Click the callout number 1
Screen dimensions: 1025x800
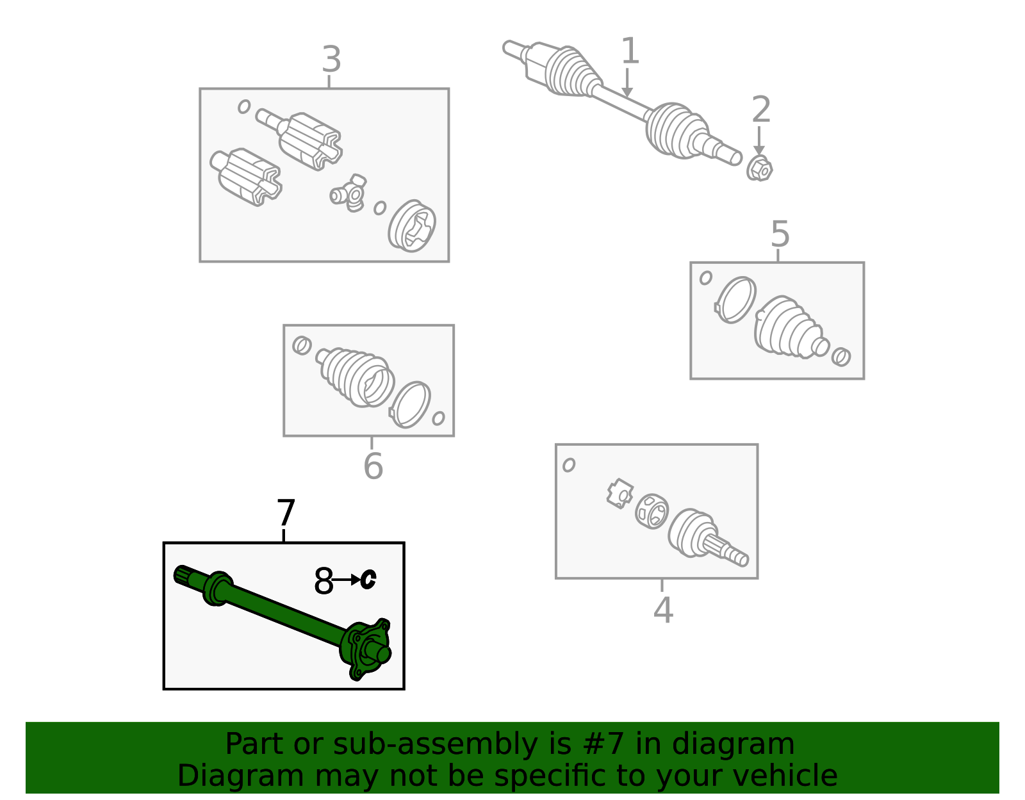(x=630, y=51)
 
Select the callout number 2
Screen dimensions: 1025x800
(x=761, y=110)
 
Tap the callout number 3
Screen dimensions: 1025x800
(x=331, y=60)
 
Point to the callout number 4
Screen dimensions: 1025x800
(x=663, y=610)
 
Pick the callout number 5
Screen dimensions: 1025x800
(x=780, y=234)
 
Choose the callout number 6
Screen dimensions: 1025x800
(x=373, y=466)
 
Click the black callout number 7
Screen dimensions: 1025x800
(x=286, y=512)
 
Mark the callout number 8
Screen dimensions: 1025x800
(x=324, y=581)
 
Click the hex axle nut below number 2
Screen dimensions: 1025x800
(x=759, y=168)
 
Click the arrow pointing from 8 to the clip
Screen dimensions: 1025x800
(x=346, y=580)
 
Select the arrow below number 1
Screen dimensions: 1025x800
(x=627, y=83)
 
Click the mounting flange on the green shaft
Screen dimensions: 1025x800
(x=366, y=649)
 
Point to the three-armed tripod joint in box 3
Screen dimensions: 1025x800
(x=348, y=192)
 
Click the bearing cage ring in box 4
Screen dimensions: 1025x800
(x=652, y=512)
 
